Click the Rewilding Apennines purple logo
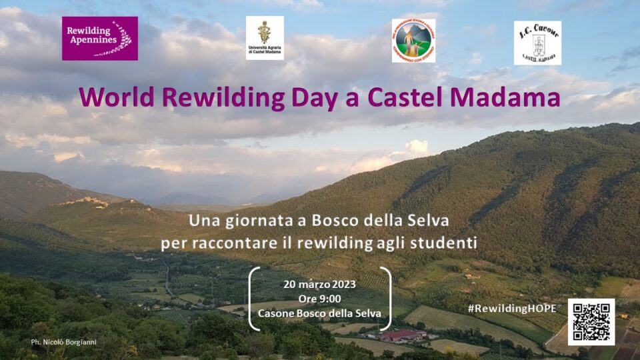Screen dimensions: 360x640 coord(100,39)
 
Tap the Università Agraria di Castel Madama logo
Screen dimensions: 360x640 coord(265,38)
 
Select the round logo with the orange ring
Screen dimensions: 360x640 coord(413,41)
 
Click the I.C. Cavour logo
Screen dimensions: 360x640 coord(537,43)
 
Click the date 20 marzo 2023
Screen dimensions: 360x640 coord(320,283)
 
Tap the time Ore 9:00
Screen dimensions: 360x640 coord(320,298)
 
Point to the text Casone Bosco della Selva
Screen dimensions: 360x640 coord(320,313)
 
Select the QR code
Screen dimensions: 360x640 coord(591,321)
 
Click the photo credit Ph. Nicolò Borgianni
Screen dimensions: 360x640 coord(63,342)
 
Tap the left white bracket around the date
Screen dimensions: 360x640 coord(254,298)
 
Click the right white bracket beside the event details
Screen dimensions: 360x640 coord(386,298)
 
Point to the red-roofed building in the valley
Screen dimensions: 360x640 coord(403,335)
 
